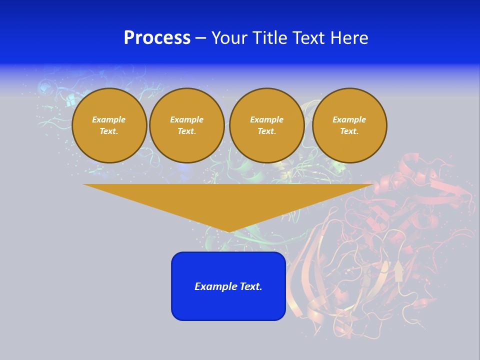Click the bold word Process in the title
[157, 38]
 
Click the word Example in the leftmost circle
[109, 119]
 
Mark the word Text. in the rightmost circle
[349, 131]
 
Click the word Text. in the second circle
[186, 131]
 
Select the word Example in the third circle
[266, 119]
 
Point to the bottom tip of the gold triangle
[229, 231]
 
